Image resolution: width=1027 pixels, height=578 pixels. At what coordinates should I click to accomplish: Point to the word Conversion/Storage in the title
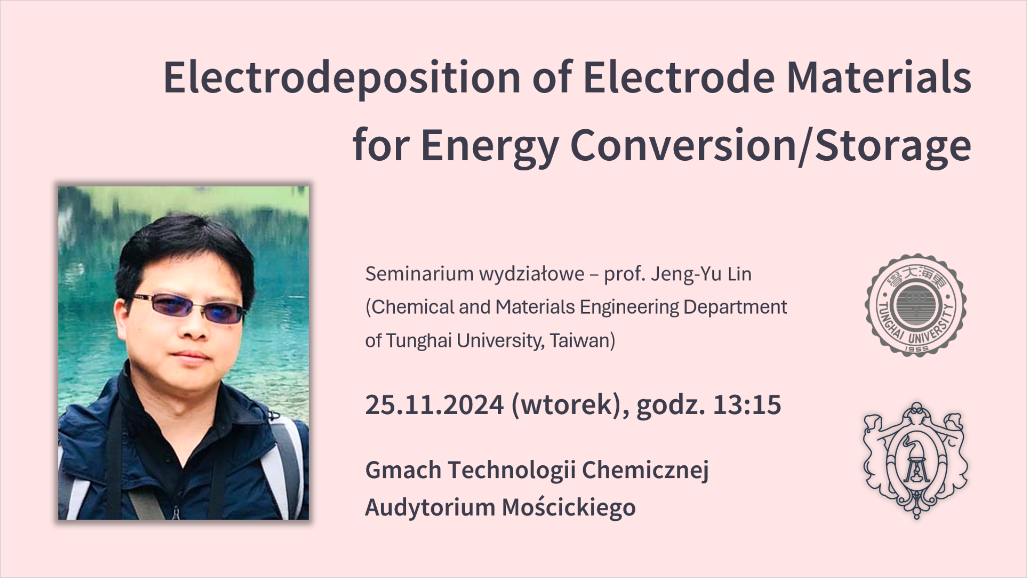(771, 146)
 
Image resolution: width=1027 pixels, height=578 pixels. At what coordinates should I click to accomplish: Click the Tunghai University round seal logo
(916, 305)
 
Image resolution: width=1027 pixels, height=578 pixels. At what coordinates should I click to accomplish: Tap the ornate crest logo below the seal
(916, 460)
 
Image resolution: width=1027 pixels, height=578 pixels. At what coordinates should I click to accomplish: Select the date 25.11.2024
(434, 405)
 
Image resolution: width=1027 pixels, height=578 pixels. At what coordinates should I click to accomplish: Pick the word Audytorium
(430, 508)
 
